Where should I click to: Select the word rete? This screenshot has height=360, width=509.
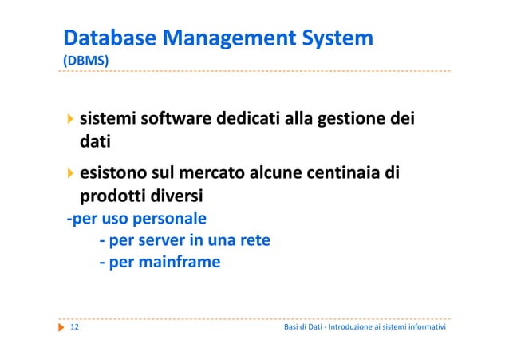point(253,239)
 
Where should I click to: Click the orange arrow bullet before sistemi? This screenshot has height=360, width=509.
point(70,120)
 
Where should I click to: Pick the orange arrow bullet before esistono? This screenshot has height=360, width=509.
point(70,172)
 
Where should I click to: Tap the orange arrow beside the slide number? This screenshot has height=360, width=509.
point(61,328)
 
